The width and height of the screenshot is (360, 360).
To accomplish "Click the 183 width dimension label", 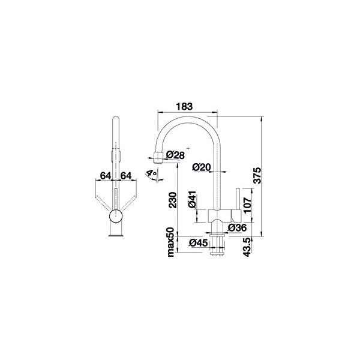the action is pos(184,107).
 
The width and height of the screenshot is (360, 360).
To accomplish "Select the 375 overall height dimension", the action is pos(257,176).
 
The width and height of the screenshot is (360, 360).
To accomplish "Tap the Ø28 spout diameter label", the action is pos(175,155).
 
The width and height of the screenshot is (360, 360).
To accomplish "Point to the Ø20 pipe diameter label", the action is pos(202,167).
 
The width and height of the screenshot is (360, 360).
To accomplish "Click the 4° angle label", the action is pos(152,173).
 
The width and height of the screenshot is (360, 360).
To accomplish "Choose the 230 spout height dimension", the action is pos(173,200).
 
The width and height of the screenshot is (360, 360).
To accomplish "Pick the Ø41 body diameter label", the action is pos(192,199).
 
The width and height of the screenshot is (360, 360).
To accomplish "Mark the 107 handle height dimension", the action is pos(248,205).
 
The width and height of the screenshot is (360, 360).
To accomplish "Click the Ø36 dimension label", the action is pos(237,227).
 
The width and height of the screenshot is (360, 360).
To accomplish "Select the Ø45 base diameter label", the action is pos(199,242).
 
